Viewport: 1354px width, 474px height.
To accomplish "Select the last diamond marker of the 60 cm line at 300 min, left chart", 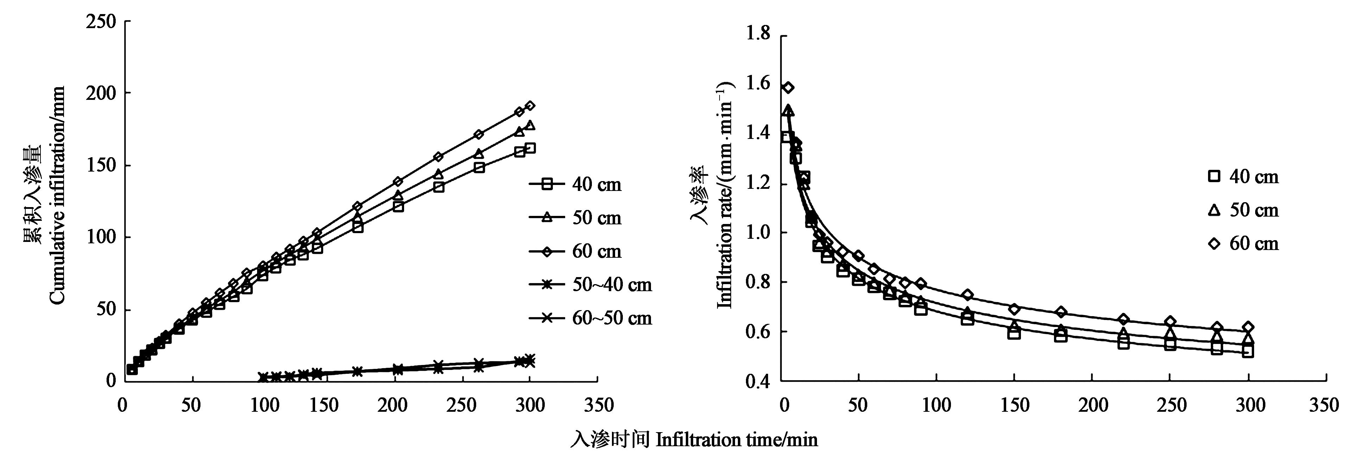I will [530, 105].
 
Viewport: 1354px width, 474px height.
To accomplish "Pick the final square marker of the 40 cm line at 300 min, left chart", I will [530, 148].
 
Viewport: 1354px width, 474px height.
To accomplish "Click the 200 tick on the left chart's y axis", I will [101, 94].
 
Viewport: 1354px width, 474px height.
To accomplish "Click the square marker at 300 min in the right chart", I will [1248, 352].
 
